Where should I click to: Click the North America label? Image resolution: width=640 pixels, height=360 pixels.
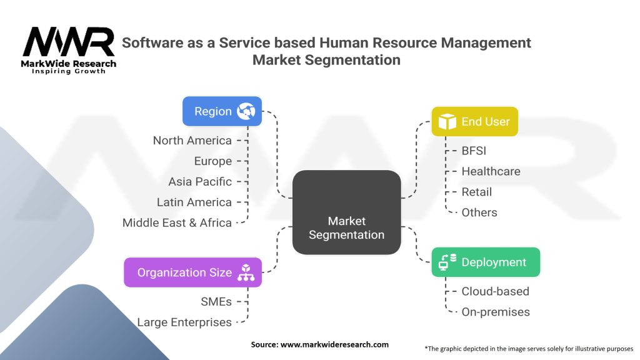[x=192, y=141]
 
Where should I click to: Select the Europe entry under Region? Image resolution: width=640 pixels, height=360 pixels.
[x=212, y=161]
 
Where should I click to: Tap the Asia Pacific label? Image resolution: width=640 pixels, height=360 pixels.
[x=200, y=182]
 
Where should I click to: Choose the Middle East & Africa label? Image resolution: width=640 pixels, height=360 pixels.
[x=177, y=223]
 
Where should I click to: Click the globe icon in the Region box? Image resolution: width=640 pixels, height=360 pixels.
[x=245, y=111]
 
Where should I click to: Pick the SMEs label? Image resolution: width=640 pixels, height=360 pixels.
[x=216, y=302]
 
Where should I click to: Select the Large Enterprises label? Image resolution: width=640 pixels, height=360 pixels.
[x=184, y=322]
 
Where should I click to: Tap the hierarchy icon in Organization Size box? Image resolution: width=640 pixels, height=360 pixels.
[x=245, y=272]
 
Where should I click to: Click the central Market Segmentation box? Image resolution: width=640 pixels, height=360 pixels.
[x=346, y=212]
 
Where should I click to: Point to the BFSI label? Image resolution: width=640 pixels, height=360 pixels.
[x=474, y=151]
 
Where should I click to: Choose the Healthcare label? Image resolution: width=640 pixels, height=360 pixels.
[x=491, y=171]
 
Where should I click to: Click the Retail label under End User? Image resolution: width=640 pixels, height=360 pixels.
[x=477, y=192]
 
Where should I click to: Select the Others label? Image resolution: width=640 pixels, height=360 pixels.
[x=479, y=212]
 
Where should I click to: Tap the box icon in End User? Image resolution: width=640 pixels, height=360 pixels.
[x=447, y=122]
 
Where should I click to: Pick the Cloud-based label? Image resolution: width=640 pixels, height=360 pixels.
[x=495, y=291]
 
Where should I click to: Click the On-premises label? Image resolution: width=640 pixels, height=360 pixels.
[x=495, y=312]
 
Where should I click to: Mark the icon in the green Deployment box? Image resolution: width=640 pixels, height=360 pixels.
[x=447, y=262]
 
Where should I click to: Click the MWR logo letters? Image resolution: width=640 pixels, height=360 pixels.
[x=69, y=42]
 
